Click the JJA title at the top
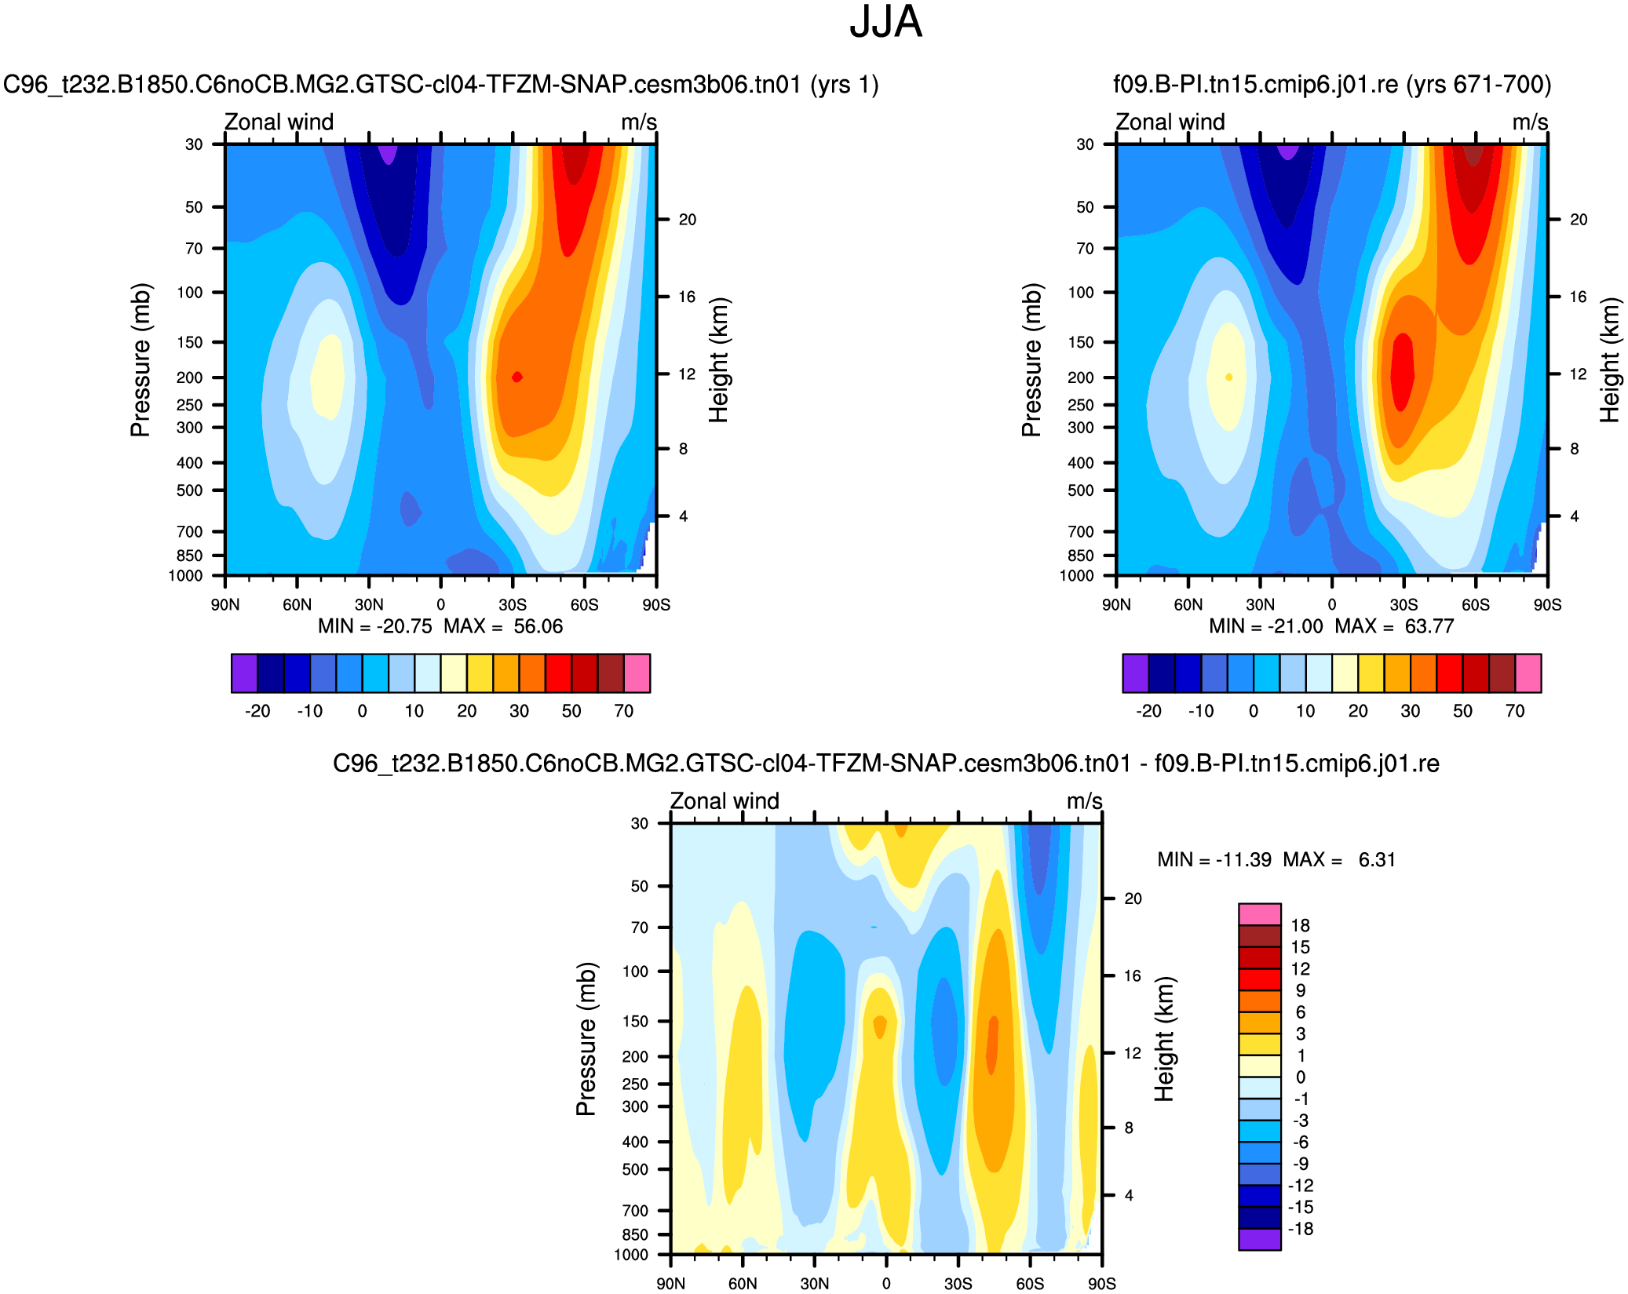[x=885, y=22]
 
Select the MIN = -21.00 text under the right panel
[x=1265, y=626]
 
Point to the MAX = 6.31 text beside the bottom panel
[x=1339, y=859]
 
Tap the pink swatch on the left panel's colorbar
[x=637, y=673]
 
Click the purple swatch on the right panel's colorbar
[x=1135, y=673]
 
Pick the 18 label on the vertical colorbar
[x=1300, y=925]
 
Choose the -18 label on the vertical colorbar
[x=1300, y=1229]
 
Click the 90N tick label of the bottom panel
[x=670, y=1283]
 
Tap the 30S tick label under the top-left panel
[x=513, y=604]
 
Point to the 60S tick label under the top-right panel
[x=1476, y=604]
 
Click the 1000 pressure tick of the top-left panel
[x=186, y=576]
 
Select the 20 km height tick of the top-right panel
[x=1579, y=220]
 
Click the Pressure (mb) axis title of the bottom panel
[x=586, y=1039]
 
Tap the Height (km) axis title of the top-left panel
[x=719, y=360]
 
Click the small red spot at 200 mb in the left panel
[x=517, y=377]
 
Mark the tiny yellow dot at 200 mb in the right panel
[x=1229, y=377]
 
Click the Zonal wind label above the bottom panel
[x=725, y=801]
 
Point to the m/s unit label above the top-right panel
[x=1530, y=122]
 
